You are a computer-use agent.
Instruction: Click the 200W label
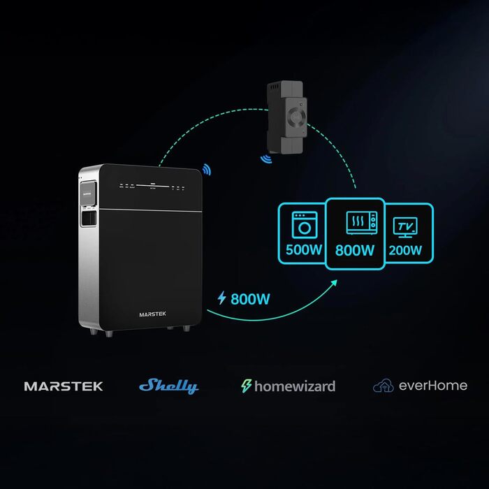coord(405,249)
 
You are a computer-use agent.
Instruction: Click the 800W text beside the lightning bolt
coord(250,298)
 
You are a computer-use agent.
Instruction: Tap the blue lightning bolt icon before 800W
coord(222,298)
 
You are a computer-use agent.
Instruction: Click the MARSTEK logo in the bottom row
coord(64,386)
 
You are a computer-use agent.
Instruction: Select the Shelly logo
coord(168,386)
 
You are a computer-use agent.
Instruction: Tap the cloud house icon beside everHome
coord(384,386)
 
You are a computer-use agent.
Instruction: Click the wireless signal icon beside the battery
coord(206,169)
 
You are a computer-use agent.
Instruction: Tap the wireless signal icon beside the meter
coord(266,159)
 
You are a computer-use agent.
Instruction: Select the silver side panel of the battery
coord(89,258)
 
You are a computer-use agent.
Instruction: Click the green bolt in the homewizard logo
coord(247,386)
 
